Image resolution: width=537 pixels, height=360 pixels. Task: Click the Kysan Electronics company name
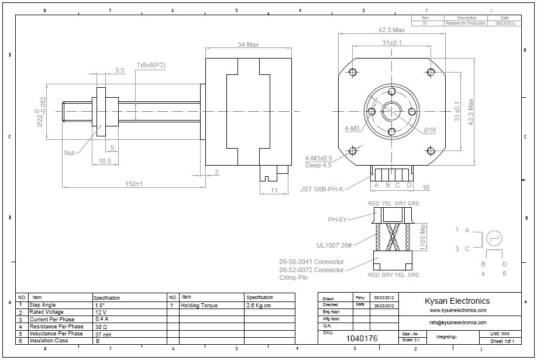456,300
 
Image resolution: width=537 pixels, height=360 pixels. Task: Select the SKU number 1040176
362,338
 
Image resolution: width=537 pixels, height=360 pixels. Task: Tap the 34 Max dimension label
248,45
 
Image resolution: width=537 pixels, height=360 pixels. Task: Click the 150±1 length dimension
134,184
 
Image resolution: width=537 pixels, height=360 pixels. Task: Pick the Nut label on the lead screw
70,152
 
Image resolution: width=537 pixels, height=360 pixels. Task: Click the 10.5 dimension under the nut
105,161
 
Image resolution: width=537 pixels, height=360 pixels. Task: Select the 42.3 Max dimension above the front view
391,30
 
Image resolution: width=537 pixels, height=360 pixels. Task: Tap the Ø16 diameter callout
429,130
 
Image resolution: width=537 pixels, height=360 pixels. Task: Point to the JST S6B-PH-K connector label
322,188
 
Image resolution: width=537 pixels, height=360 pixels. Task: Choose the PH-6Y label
338,220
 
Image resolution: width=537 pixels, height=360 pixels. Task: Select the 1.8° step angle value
100,305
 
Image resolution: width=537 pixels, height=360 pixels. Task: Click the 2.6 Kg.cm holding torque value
260,305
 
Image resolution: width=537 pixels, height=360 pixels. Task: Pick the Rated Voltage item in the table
46,313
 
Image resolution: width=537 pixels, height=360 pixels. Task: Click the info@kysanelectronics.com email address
457,322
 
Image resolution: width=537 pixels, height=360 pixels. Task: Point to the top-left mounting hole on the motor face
353,72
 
